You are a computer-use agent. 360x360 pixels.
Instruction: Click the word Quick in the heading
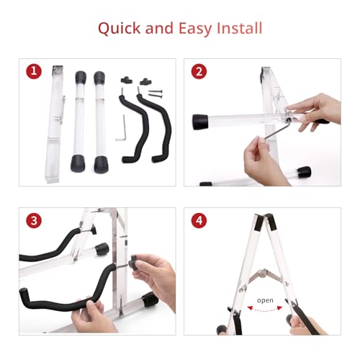pos(120,29)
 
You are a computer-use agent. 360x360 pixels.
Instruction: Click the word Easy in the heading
pos(194,29)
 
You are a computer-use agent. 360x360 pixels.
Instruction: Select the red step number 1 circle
pos(34,71)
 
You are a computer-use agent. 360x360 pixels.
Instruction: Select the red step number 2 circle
pos(199,71)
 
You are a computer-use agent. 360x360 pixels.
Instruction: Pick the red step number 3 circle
pos(34,220)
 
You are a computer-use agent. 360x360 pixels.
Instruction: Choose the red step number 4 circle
pos(199,220)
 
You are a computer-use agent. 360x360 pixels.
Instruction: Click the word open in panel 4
pos(265,300)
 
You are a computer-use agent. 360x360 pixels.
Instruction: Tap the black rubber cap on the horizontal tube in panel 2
pos(200,122)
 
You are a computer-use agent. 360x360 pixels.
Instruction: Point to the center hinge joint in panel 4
pos(264,272)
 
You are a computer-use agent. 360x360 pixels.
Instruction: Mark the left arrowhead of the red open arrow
pos(250,307)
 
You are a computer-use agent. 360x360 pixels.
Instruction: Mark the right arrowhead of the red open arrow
pos(279,307)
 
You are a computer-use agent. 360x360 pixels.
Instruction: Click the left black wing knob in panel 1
pos(127,80)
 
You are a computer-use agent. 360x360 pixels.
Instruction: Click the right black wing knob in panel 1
pos(145,81)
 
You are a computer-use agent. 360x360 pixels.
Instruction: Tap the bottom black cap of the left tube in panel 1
pos(78,163)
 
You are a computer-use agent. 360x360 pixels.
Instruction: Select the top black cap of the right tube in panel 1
pos(99,77)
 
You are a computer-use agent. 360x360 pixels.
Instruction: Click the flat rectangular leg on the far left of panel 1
pos(55,124)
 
